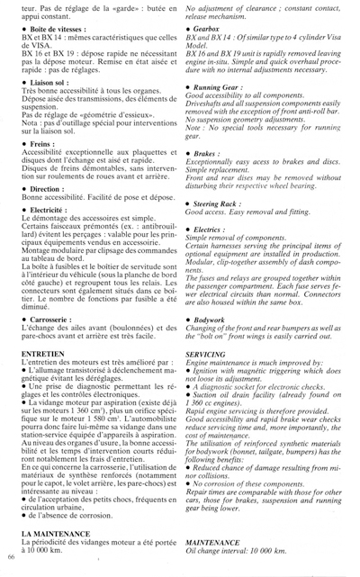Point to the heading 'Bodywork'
pos(209,320)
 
